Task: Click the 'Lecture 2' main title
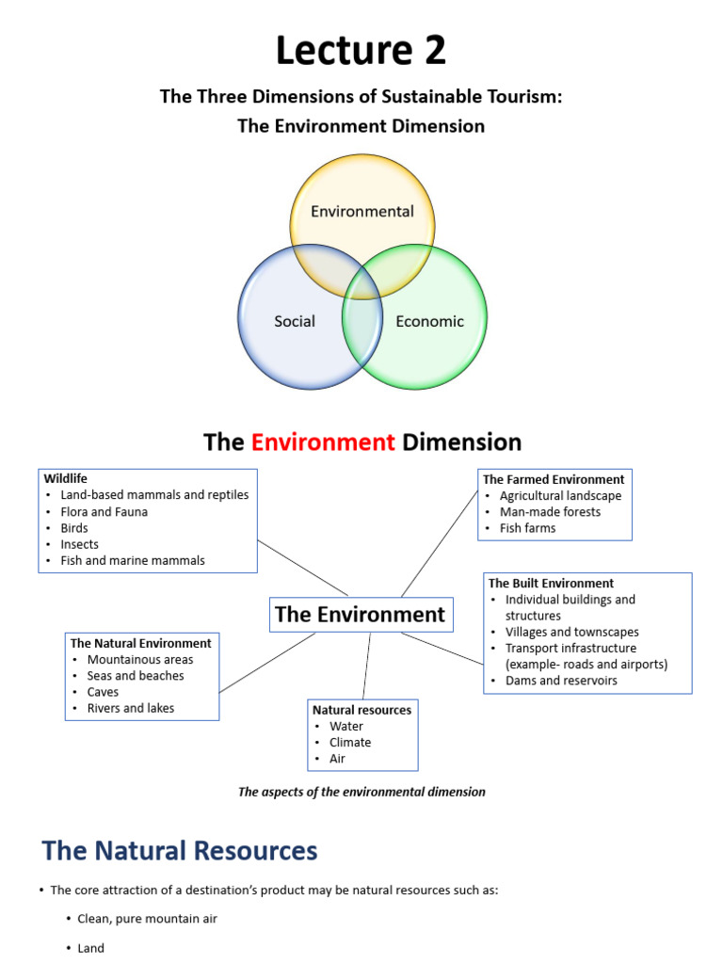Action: tap(361, 50)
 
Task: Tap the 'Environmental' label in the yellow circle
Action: tap(362, 211)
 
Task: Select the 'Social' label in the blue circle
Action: tap(295, 321)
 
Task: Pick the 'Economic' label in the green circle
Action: tap(429, 321)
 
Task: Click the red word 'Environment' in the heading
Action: tap(323, 442)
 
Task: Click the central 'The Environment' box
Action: tap(360, 615)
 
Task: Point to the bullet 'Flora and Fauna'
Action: tap(104, 512)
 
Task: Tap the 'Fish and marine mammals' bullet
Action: tap(132, 560)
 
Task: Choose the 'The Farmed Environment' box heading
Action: tap(554, 479)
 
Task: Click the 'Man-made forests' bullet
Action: tap(550, 512)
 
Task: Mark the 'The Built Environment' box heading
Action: tap(551, 583)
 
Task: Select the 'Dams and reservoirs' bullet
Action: tap(561, 680)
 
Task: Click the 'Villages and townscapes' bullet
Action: tap(571, 632)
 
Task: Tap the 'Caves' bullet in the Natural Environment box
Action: tap(103, 692)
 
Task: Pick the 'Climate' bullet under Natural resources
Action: tap(349, 742)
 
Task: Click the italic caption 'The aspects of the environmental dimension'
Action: tap(361, 792)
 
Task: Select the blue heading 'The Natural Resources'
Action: tap(180, 851)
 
